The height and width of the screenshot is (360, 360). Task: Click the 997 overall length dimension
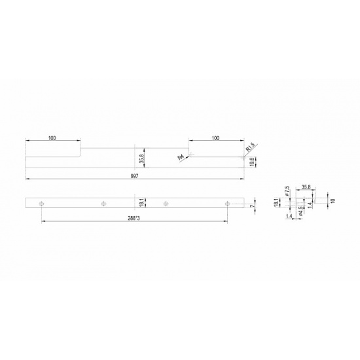tap(134, 176)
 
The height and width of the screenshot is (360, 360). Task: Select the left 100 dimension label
tap(52, 138)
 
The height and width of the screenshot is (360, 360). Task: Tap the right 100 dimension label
tap(215, 138)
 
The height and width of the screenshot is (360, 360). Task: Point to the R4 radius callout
tap(181, 158)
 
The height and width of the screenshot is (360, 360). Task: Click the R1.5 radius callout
tap(250, 147)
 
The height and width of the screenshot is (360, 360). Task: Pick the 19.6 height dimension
tap(252, 162)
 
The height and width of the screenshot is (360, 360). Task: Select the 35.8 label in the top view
tap(141, 158)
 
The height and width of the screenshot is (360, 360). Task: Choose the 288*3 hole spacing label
tap(134, 218)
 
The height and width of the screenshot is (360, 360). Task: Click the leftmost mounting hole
tap(41, 204)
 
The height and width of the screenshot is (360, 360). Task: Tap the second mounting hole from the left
tap(104, 204)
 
